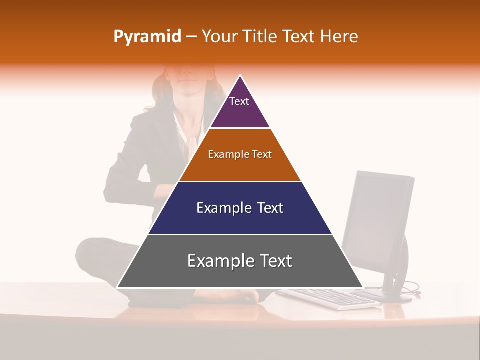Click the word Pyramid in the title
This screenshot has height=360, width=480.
click(147, 37)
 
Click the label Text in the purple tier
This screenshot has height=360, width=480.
click(239, 101)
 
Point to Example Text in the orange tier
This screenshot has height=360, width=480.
click(240, 154)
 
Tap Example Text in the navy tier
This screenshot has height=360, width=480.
click(240, 208)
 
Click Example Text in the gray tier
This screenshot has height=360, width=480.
click(240, 261)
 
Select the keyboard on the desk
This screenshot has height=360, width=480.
click(327, 298)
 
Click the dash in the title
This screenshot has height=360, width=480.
click(191, 37)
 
